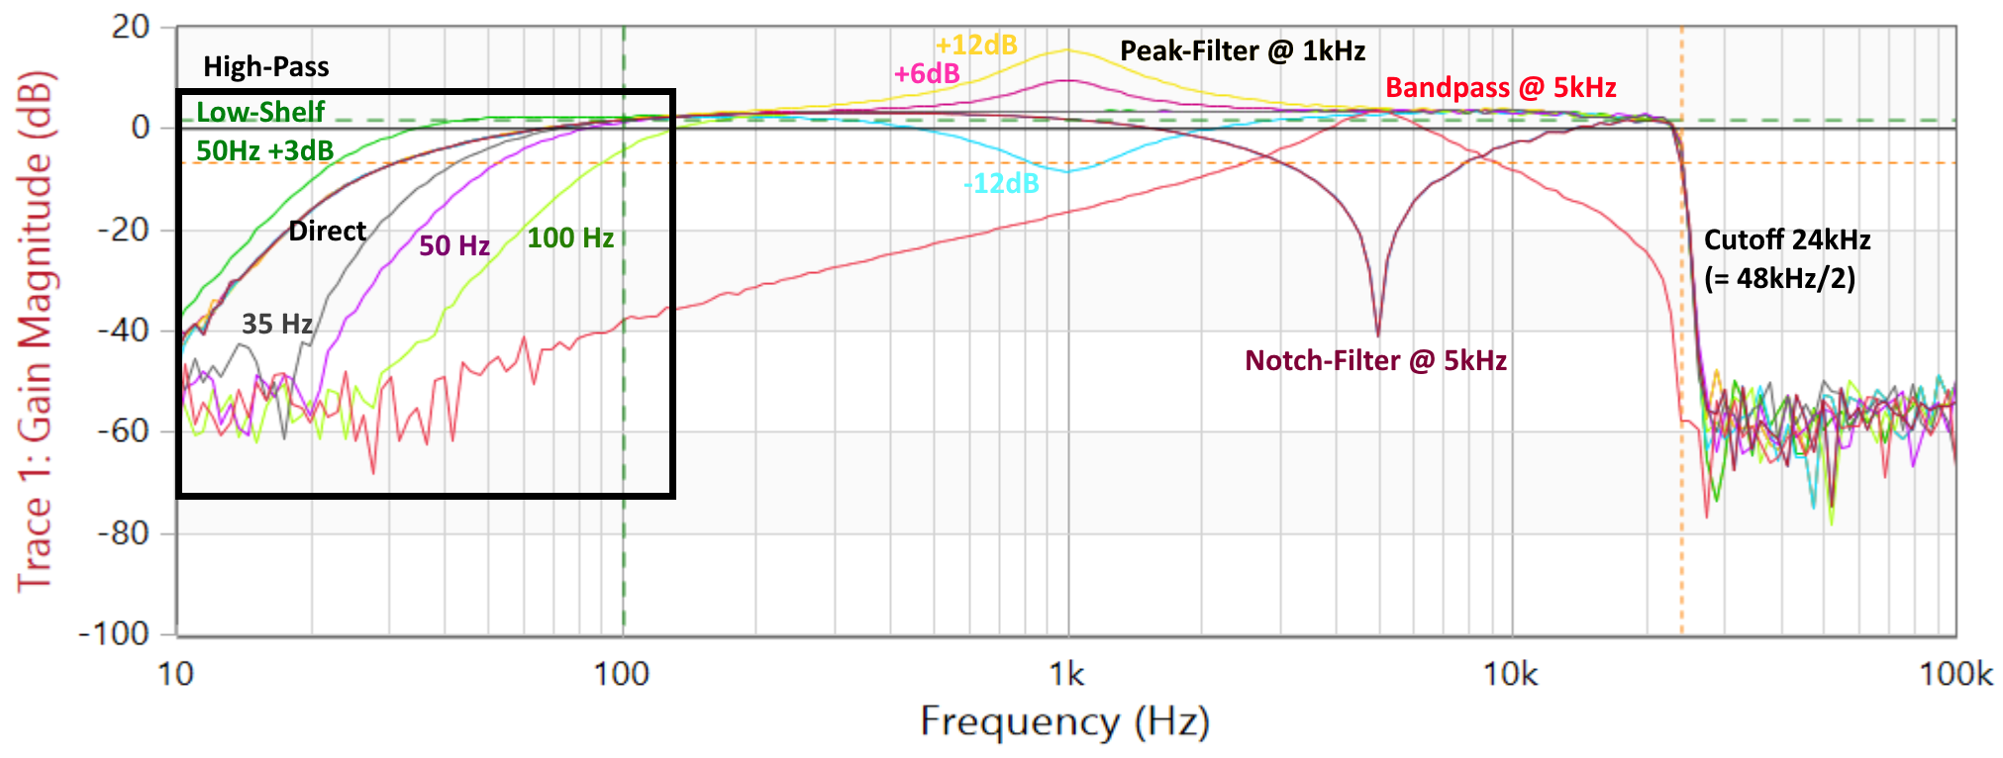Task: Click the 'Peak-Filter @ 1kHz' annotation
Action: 1242,51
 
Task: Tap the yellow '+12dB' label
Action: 976,45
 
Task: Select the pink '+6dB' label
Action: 927,74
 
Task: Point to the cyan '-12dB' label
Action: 1001,184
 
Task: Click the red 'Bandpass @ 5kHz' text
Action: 1500,88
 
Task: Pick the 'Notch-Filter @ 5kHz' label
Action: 1375,361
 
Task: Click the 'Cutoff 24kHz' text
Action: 1786,240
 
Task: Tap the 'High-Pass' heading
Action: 265,67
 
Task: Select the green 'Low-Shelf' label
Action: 260,112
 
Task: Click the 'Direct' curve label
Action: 327,232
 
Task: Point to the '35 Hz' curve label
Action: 277,325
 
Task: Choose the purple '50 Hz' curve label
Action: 454,246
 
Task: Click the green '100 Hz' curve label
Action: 570,238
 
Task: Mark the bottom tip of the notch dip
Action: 1377,333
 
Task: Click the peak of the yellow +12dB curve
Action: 1067,49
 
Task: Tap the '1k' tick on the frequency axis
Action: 1066,675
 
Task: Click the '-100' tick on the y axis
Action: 114,633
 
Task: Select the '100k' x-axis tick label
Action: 1955,675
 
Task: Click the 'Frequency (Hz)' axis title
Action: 1065,722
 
